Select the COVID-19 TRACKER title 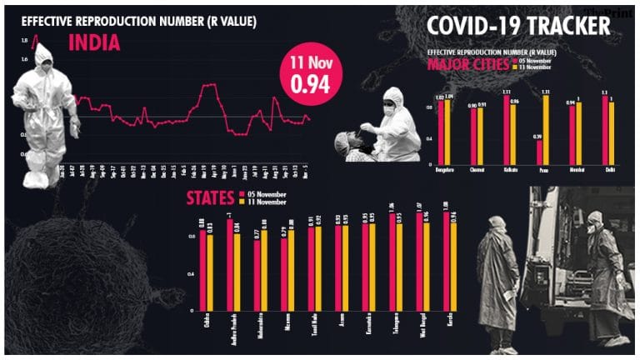(518, 27)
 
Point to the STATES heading (212, 199)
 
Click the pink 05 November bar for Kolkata (507, 129)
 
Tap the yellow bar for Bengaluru (448, 132)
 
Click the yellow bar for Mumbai (577, 132)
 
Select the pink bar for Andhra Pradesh (230, 264)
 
